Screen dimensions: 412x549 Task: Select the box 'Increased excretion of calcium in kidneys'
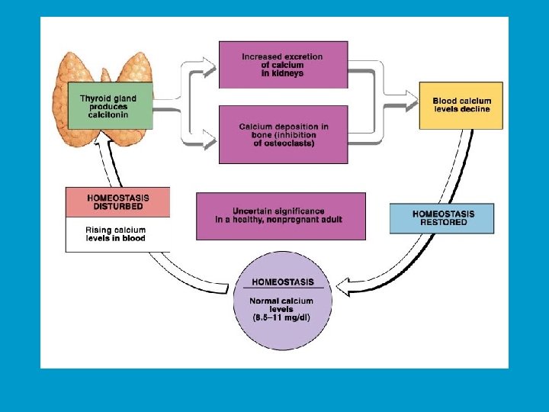point(283,65)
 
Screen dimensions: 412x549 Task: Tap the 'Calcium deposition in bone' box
point(283,134)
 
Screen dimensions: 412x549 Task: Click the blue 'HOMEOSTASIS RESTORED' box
point(441,218)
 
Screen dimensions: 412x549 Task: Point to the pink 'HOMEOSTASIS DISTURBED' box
point(117,202)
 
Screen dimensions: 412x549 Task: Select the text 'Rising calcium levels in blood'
point(116,234)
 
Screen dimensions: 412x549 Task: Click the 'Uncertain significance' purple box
point(280,215)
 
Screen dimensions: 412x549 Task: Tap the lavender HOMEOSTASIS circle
point(282,301)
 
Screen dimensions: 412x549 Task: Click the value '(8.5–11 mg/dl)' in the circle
point(282,317)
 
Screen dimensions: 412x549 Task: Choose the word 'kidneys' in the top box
point(286,74)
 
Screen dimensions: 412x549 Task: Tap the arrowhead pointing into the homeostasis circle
point(343,288)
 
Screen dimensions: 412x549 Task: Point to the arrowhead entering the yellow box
point(413,95)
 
